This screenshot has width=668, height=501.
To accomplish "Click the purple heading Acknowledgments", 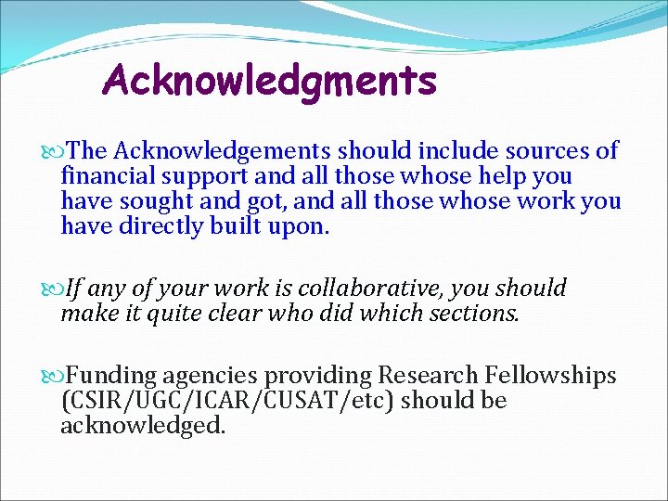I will point(269,82).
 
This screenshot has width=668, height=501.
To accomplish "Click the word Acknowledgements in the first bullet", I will point(224,150).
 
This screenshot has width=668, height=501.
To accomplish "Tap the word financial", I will point(106,176).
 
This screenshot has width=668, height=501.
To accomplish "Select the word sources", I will point(533,150).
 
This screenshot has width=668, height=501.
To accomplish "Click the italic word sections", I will point(474,314).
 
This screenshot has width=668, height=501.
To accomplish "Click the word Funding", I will point(111,376).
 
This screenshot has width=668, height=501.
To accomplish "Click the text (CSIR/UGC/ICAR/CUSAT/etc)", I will point(228,401).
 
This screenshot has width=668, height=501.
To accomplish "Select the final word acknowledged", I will point(143,426).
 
